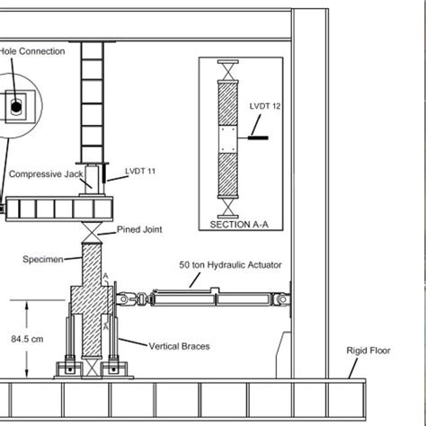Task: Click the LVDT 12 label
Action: point(265,106)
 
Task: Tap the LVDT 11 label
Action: point(140,171)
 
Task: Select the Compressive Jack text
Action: point(46,174)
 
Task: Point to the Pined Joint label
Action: point(139,229)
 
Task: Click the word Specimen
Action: point(43,259)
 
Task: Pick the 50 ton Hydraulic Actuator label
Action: point(230,265)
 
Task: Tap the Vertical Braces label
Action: point(179,346)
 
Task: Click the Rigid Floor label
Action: point(368,351)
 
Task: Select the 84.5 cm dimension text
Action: point(27,339)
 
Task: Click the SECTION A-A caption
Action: point(239,225)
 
